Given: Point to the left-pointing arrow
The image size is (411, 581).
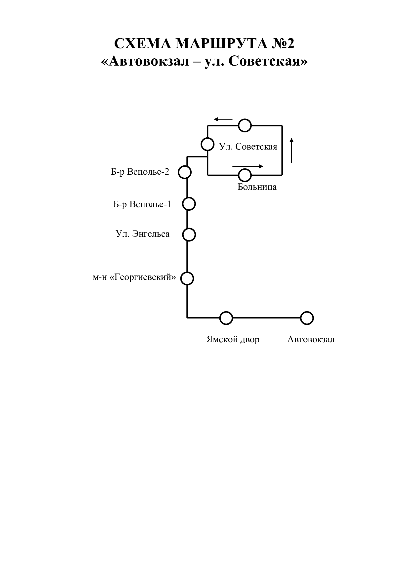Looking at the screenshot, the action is click(x=223, y=119).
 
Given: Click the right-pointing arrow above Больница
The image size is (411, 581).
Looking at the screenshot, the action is click(x=248, y=166).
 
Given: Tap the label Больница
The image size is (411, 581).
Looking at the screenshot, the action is click(x=257, y=187).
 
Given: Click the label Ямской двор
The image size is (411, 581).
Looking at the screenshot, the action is click(x=233, y=339).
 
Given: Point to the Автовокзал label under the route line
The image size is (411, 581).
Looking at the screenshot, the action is click(x=311, y=339).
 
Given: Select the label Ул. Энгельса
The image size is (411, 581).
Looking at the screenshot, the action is click(x=143, y=233).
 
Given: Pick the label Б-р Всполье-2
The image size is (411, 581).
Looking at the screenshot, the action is click(x=140, y=172).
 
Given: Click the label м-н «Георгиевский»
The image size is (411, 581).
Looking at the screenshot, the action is click(x=134, y=278).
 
